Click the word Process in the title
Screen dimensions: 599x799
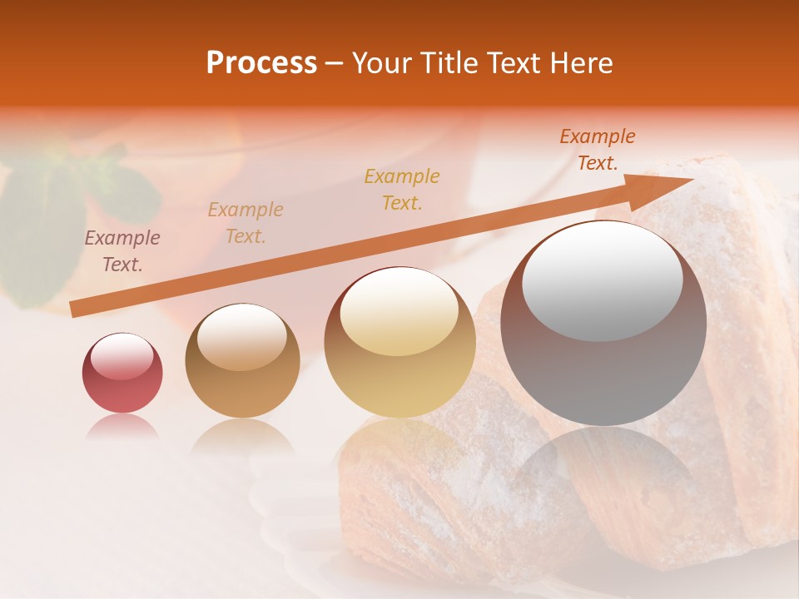pos(261,63)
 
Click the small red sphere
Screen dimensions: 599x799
pos(122,373)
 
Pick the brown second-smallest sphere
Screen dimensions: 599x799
pos(242,360)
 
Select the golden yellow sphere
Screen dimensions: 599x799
pos(399,342)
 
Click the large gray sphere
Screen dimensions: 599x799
pos(603,323)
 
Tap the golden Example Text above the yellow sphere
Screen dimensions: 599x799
pos(402,189)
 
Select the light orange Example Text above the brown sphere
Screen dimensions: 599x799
pos(246,222)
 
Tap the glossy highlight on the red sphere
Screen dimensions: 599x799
pos(122,357)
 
